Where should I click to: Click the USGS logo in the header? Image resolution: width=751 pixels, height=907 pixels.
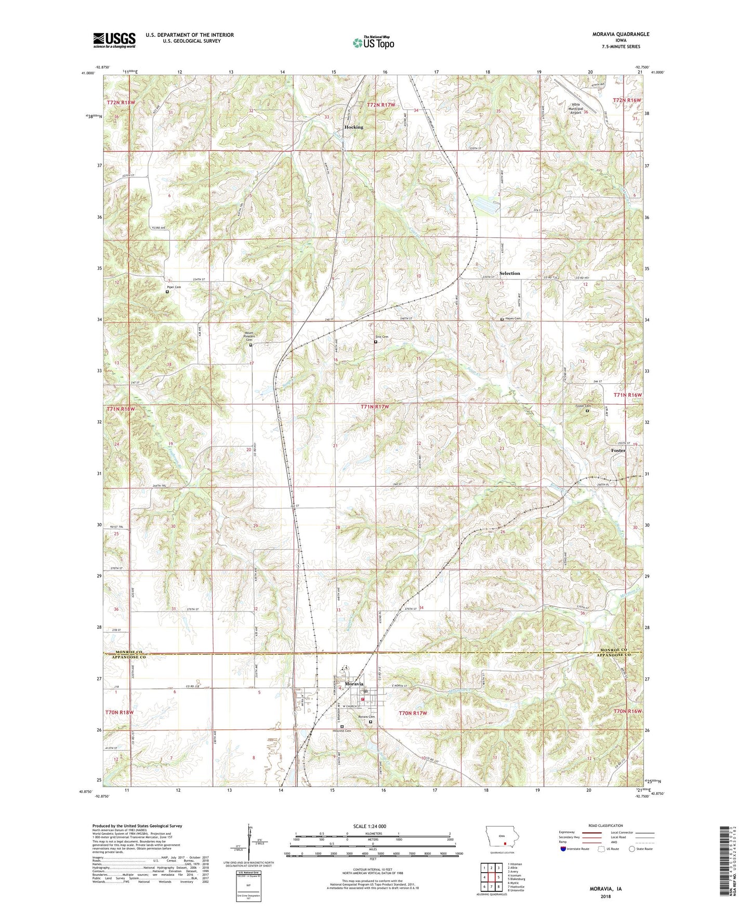(114, 39)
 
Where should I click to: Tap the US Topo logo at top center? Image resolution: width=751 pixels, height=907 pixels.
(373, 43)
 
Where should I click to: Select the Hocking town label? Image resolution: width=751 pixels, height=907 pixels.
(353, 127)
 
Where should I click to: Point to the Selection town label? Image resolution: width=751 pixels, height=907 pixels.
(509, 273)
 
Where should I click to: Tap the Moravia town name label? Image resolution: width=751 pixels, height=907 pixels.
(354, 684)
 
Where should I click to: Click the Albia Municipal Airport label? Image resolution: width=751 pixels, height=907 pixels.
(575, 109)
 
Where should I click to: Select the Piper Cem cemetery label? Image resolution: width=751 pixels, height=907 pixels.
(174, 287)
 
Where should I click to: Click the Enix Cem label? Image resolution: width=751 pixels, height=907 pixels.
(382, 337)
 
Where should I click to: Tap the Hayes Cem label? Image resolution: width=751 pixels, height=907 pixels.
(512, 318)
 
